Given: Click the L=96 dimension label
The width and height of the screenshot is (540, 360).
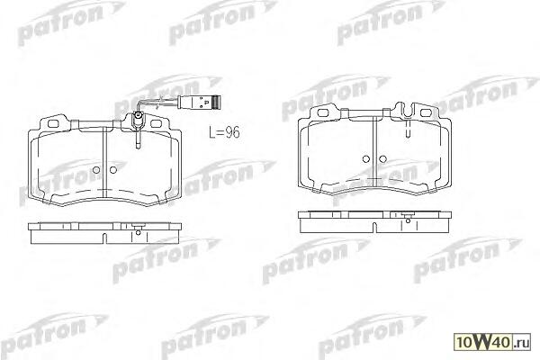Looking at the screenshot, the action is (x=224, y=132).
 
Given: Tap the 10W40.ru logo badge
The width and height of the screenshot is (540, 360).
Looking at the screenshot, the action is (x=492, y=342).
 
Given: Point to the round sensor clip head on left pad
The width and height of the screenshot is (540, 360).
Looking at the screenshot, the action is (x=138, y=115).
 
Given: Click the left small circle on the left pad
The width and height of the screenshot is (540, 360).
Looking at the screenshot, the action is (x=96, y=170).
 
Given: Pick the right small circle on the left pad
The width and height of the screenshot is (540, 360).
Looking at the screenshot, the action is (x=113, y=170).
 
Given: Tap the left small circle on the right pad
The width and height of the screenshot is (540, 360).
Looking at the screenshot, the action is (x=366, y=159).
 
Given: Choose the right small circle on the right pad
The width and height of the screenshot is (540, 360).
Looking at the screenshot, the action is (x=383, y=159).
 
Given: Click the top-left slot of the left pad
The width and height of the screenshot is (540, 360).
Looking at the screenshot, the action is (x=53, y=123).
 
